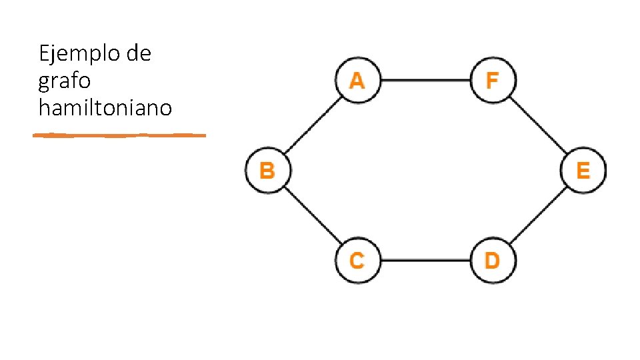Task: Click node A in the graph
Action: click(x=358, y=80)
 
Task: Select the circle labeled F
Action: click(x=493, y=80)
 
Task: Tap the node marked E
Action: click(x=583, y=170)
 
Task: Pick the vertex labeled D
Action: click(x=493, y=260)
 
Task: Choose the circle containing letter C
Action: click(x=358, y=260)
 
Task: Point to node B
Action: click(x=268, y=170)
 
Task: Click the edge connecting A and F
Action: click(x=426, y=80)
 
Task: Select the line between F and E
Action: click(x=539, y=125)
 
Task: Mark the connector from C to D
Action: click(x=426, y=260)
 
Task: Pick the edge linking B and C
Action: click(x=313, y=215)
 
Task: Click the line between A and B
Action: click(x=313, y=125)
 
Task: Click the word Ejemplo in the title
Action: click(x=79, y=54)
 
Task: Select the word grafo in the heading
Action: click(x=65, y=81)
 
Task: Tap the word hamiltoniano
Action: click(x=105, y=108)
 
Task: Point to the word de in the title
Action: click(x=139, y=53)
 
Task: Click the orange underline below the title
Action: click(x=119, y=135)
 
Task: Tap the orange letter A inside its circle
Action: click(x=357, y=81)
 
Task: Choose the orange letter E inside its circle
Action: click(x=583, y=170)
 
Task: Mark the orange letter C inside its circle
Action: click(x=357, y=261)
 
